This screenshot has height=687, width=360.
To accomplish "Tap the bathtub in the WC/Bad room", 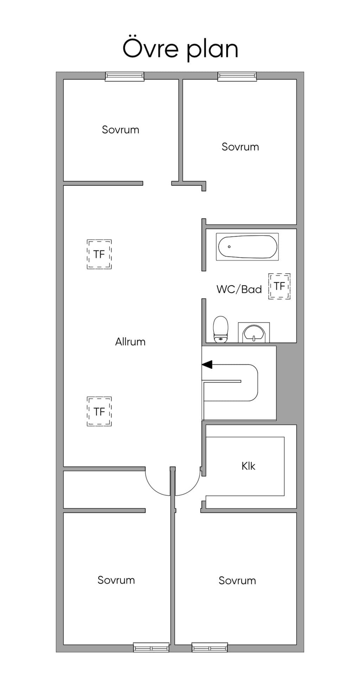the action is (247, 247).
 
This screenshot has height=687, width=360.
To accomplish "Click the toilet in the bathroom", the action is (221, 329).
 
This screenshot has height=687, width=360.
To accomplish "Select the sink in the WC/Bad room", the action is (254, 333).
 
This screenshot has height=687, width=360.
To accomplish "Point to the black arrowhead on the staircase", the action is (207, 364).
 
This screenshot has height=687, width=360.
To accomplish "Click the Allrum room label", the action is (130, 342).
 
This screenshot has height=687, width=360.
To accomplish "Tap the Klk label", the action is (248, 466).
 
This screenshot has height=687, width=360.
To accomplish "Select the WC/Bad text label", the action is (239, 289).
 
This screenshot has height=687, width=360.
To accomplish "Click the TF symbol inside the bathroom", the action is (279, 286).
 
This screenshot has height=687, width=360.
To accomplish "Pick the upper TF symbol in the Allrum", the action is (99, 254).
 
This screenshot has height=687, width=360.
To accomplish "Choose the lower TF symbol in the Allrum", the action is (99, 412).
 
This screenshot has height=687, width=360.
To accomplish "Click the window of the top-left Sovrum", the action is (125, 76).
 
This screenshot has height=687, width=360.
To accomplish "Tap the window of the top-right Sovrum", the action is (237, 76).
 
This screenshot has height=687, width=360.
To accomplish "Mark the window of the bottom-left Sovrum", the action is (151, 648).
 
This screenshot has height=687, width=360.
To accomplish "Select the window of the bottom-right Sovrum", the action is (210, 648).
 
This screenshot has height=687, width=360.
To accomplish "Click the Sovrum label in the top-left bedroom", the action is (121, 129).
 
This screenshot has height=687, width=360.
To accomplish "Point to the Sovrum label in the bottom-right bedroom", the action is (237, 580).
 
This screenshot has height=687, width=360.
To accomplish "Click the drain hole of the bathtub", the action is (229, 247).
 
